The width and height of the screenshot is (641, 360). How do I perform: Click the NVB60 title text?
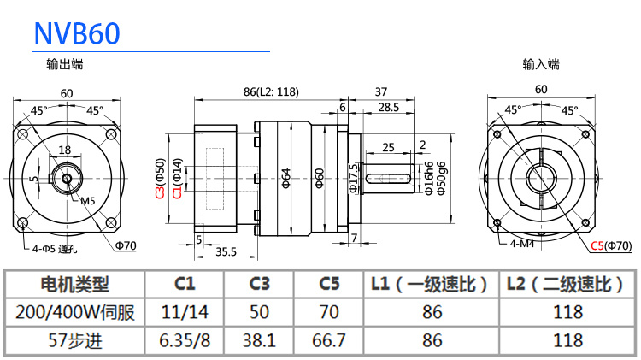[77, 32]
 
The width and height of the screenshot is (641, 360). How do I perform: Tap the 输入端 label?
[541, 63]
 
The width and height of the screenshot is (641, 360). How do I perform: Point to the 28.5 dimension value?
[388, 107]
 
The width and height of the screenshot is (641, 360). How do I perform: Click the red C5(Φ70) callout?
[610, 246]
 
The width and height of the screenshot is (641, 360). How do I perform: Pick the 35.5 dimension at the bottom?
[226, 251]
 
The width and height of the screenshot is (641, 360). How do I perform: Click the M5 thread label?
[87, 201]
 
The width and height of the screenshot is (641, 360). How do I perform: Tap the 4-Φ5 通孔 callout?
[55, 250]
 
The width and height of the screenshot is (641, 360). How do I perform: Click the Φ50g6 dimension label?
[441, 178]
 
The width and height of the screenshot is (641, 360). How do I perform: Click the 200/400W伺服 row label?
[75, 312]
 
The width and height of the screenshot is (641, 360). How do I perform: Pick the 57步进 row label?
[75, 339]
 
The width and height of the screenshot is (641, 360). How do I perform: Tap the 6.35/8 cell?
[185, 339]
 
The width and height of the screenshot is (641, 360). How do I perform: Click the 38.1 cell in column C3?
[258, 339]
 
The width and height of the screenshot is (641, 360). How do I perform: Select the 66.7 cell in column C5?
[328, 339]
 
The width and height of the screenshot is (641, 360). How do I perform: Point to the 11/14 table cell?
[185, 312]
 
